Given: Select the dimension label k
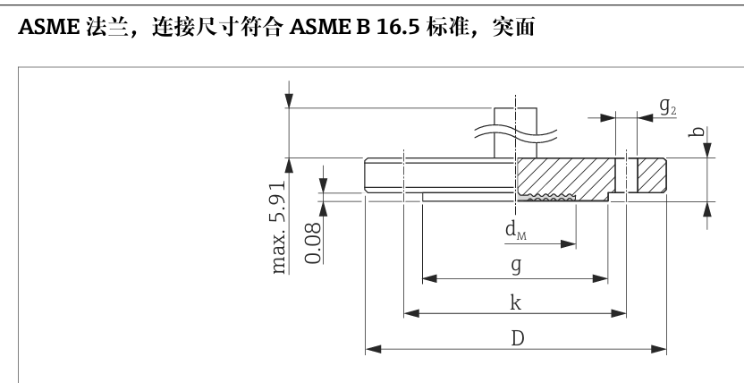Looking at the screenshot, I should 516,302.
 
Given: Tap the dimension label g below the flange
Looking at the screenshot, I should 516,267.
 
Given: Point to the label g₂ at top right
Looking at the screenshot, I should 668,106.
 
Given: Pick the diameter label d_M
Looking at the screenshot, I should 516,232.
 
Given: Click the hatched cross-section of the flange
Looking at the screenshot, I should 563,174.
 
